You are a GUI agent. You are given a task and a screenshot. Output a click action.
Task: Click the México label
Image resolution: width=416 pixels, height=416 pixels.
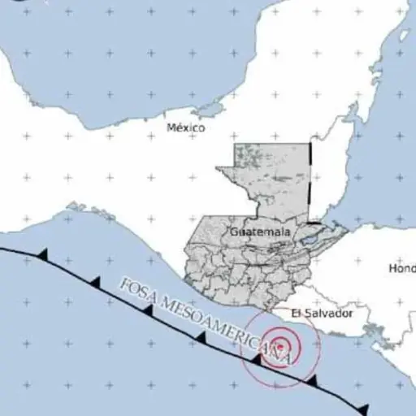point(185,128)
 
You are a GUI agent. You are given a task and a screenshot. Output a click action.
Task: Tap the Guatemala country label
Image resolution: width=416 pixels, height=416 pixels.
point(260,232)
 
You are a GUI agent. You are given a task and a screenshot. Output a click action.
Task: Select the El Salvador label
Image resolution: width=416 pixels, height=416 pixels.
point(323,313)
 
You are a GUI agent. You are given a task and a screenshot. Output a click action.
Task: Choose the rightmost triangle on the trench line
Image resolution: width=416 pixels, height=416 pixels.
point(362,408)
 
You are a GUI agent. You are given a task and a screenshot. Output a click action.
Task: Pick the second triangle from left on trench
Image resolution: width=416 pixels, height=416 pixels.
point(95,282)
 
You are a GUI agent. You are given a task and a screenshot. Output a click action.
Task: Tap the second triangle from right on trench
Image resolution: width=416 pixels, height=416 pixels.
point(310,379)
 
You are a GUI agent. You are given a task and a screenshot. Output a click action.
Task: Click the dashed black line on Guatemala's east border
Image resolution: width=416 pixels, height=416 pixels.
point(311,183)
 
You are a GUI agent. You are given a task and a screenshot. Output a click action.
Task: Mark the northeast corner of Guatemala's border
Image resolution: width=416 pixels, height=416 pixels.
point(310,145)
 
